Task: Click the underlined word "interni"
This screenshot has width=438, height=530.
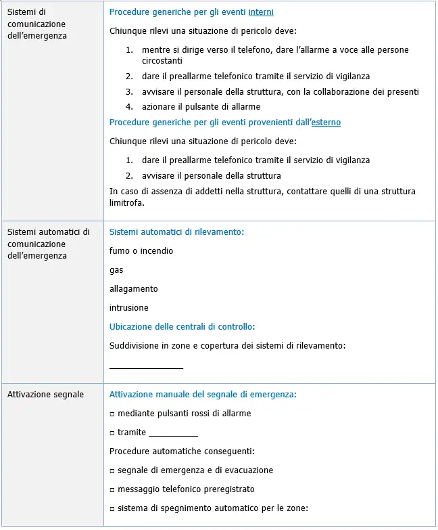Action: point(261,12)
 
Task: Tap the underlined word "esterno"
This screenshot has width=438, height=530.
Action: point(325,123)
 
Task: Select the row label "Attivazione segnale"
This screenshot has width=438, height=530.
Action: point(45,395)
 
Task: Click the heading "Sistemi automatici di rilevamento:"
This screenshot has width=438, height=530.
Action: point(176,232)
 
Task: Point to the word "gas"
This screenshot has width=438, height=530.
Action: point(116,270)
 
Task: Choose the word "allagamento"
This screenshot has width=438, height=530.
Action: point(133,289)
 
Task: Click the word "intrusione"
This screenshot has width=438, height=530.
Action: point(128,308)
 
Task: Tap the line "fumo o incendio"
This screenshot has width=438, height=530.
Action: point(141,251)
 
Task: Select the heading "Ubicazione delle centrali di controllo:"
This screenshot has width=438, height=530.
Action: point(182,327)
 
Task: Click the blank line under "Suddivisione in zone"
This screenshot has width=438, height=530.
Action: point(146,367)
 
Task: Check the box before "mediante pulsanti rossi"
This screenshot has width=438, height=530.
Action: point(112,414)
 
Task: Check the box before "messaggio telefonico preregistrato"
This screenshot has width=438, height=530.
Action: point(112,489)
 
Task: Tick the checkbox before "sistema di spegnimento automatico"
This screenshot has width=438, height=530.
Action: point(112,508)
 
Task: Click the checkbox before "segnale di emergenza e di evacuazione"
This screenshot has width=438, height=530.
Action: point(112,470)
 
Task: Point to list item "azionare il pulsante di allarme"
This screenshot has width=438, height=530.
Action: point(201,107)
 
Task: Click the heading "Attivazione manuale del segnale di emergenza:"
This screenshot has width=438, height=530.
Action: point(203,395)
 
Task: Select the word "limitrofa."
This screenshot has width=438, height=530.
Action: point(127,202)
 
